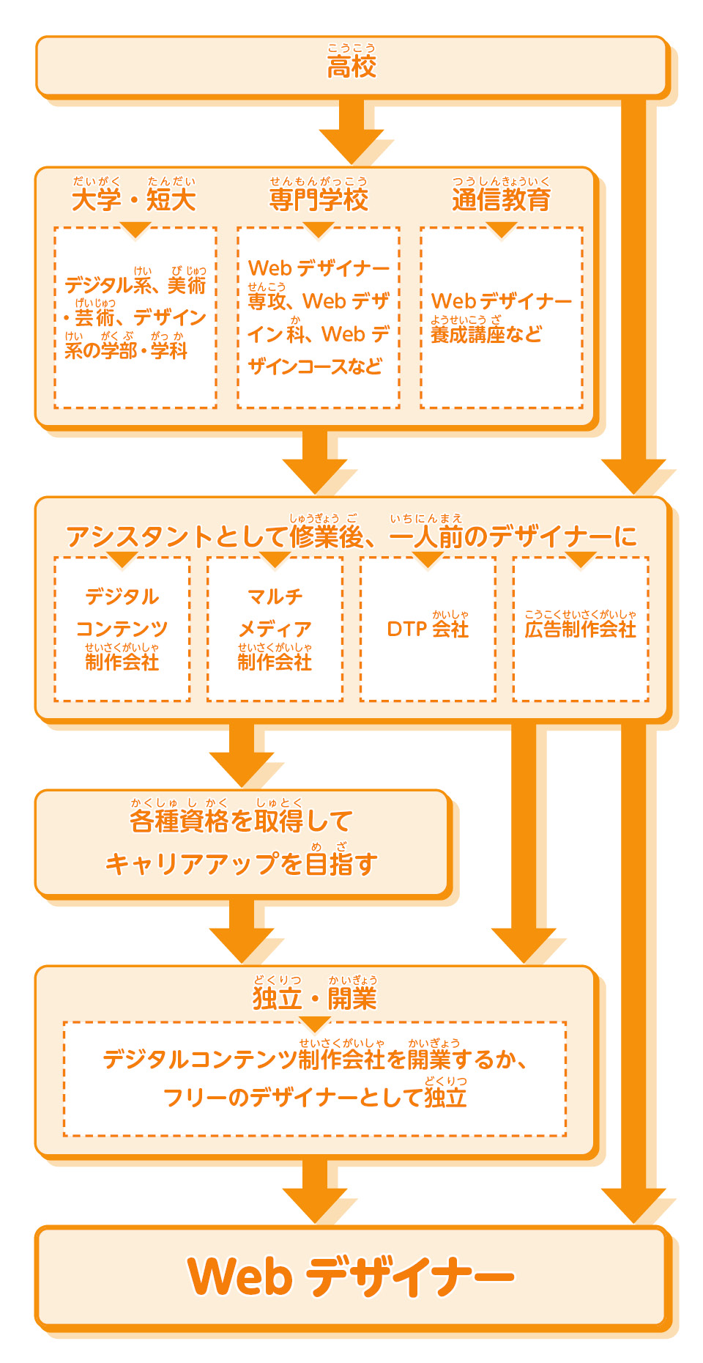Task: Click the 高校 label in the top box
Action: tap(351, 66)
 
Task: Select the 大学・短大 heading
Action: tap(134, 199)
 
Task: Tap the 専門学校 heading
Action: tap(319, 199)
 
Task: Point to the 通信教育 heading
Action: tap(501, 199)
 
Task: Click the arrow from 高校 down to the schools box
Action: tap(351, 132)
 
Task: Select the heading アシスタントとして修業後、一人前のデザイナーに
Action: tap(351, 537)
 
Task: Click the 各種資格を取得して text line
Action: tap(241, 821)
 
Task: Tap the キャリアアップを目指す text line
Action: tap(241, 864)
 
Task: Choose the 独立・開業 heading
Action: tap(315, 999)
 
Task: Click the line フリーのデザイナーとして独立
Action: tap(315, 1098)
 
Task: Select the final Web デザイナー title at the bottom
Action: tap(351, 1277)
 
